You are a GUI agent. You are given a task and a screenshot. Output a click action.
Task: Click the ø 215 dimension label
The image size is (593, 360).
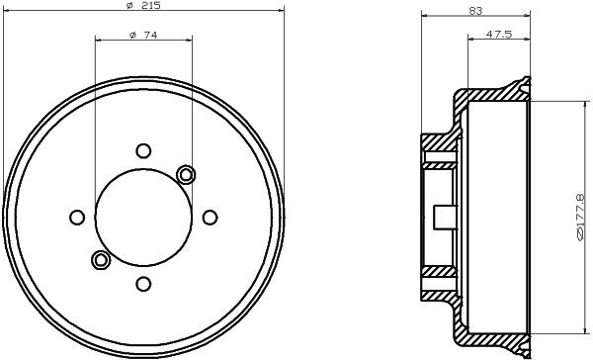pyautogui.click(x=143, y=5)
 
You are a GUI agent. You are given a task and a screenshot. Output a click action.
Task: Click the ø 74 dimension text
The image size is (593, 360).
pyautogui.click(x=143, y=36)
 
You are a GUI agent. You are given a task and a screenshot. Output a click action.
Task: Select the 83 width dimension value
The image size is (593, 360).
pyautogui.click(x=475, y=11)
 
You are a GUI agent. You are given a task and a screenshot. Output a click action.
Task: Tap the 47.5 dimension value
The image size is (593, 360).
pyautogui.click(x=498, y=34)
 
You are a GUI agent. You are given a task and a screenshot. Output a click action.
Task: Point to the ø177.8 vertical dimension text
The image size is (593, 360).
pyautogui.click(x=579, y=217)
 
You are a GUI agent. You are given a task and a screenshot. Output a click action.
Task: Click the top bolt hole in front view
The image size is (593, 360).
pyautogui.click(x=143, y=151)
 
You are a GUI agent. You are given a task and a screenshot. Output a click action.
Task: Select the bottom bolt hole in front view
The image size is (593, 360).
pyautogui.click(x=143, y=284)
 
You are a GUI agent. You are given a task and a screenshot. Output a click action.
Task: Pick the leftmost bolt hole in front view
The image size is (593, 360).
pyautogui.click(x=77, y=218)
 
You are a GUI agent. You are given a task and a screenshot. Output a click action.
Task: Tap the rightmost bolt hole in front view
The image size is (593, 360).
pyautogui.click(x=210, y=218)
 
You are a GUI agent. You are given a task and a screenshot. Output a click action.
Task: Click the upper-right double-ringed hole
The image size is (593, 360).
pyautogui.click(x=186, y=174)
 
